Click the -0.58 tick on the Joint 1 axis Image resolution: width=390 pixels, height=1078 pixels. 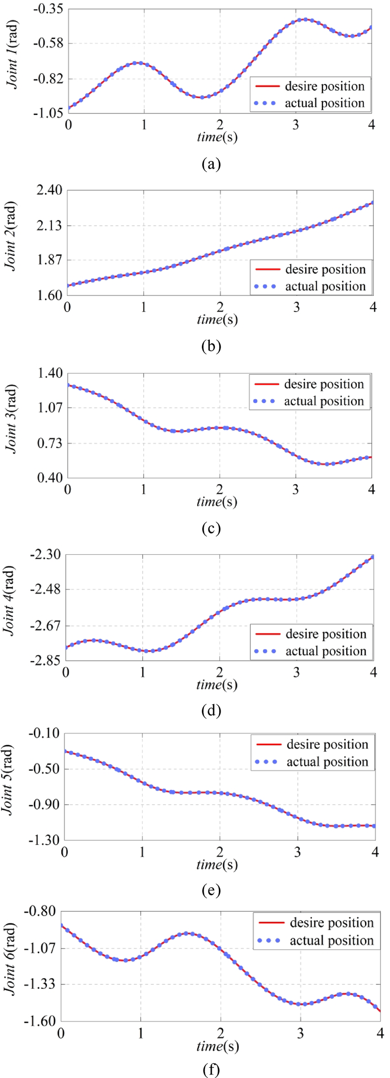[x=48, y=43]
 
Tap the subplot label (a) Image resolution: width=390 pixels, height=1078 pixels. [x=211, y=164]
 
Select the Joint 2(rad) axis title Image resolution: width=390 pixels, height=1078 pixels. [x=10, y=236]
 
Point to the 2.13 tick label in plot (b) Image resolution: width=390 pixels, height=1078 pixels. [x=49, y=225]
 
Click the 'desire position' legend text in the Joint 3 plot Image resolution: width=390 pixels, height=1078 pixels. [x=324, y=384]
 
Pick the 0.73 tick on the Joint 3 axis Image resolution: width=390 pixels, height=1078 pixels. [x=50, y=443]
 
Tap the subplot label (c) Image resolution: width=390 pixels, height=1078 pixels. [x=211, y=528]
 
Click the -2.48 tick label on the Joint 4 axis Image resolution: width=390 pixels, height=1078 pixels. [x=45, y=589]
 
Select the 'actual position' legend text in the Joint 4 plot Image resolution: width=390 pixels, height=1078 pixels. [x=326, y=651]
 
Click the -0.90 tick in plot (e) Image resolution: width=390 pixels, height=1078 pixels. [x=44, y=805]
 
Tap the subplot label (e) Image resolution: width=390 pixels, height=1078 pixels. [x=211, y=890]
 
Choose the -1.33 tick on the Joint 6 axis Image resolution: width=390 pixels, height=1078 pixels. [x=40, y=984]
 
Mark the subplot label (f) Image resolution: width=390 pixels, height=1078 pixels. [x=211, y=1069]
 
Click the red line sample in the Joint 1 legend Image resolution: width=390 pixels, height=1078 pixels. [x=267, y=87]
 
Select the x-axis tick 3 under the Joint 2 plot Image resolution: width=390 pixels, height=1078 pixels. [x=297, y=307]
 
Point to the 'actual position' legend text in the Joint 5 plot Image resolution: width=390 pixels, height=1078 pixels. [x=327, y=762]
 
